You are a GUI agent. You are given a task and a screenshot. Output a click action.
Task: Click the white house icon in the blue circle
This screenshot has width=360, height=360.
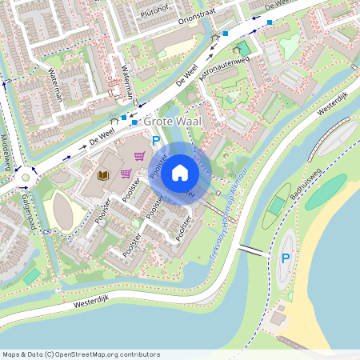(x=180, y=172)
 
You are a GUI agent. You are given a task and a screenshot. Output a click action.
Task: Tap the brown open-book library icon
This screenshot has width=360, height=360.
(x=102, y=174)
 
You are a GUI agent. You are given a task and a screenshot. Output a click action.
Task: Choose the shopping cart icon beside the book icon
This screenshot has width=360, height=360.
(x=125, y=173)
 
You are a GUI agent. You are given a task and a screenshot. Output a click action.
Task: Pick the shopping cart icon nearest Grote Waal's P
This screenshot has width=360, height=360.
(x=139, y=156)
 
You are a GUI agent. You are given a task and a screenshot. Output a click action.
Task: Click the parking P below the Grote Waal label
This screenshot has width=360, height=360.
(x=156, y=141)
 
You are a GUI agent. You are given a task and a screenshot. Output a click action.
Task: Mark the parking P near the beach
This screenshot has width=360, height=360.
(x=285, y=258)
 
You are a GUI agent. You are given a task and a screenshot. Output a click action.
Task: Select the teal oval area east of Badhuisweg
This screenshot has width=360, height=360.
(x=326, y=191)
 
